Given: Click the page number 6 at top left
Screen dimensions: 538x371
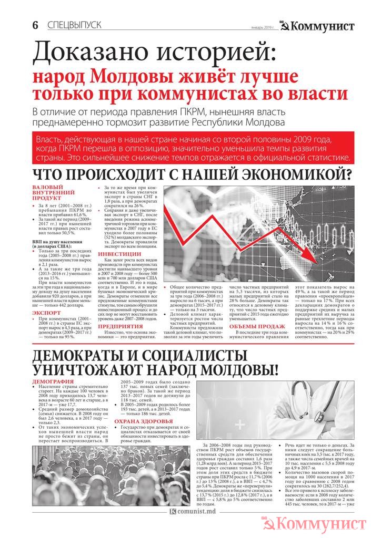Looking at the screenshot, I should pos(35,25).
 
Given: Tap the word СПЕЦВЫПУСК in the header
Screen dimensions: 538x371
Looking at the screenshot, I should pos(74,25).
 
